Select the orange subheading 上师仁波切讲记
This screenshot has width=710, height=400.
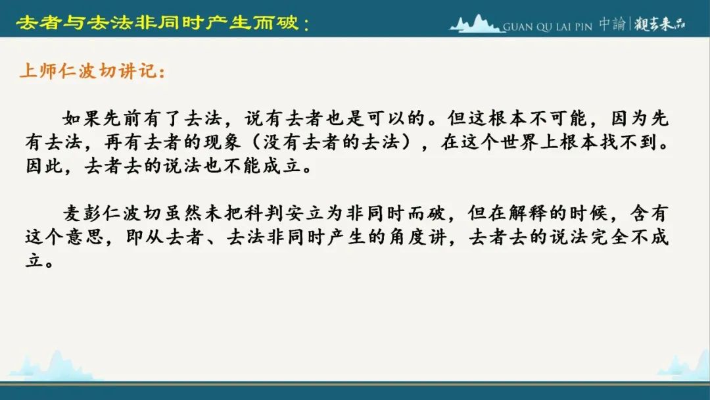(x=93, y=71)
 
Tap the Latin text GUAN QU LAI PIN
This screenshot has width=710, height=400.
(x=548, y=27)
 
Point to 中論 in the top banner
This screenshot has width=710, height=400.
(x=612, y=24)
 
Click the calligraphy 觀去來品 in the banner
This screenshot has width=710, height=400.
(x=659, y=24)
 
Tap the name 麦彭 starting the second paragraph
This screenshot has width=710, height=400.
(x=82, y=213)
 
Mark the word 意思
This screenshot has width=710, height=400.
(x=85, y=237)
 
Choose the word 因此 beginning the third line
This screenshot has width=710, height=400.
(x=44, y=166)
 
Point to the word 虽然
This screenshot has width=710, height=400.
(x=183, y=213)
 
